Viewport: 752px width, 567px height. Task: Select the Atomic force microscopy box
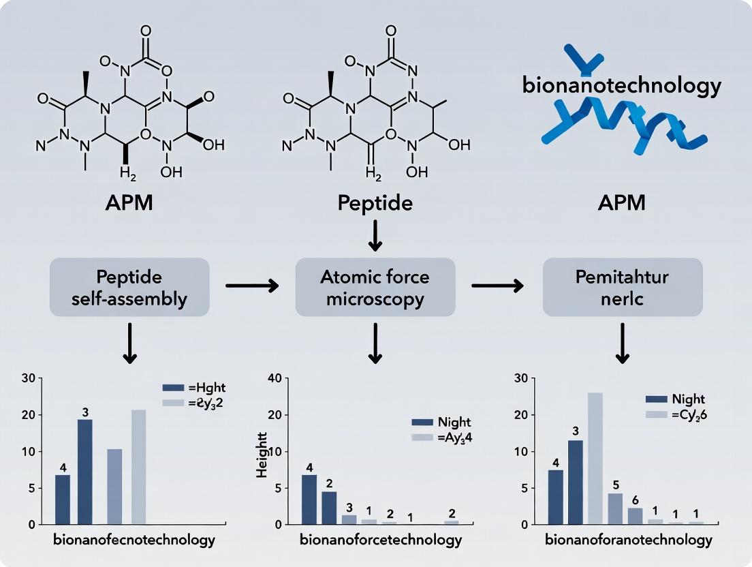click(x=375, y=288)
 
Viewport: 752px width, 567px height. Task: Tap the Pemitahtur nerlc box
click(x=622, y=288)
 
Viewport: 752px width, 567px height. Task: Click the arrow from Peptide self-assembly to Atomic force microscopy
click(x=252, y=286)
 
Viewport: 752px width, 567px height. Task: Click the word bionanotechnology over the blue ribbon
click(x=621, y=87)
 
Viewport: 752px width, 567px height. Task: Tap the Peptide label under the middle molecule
click(x=375, y=204)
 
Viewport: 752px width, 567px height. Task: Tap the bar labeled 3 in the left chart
click(x=85, y=472)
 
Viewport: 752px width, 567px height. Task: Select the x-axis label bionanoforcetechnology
click(x=381, y=540)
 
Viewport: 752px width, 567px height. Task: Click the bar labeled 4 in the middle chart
click(x=309, y=499)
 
